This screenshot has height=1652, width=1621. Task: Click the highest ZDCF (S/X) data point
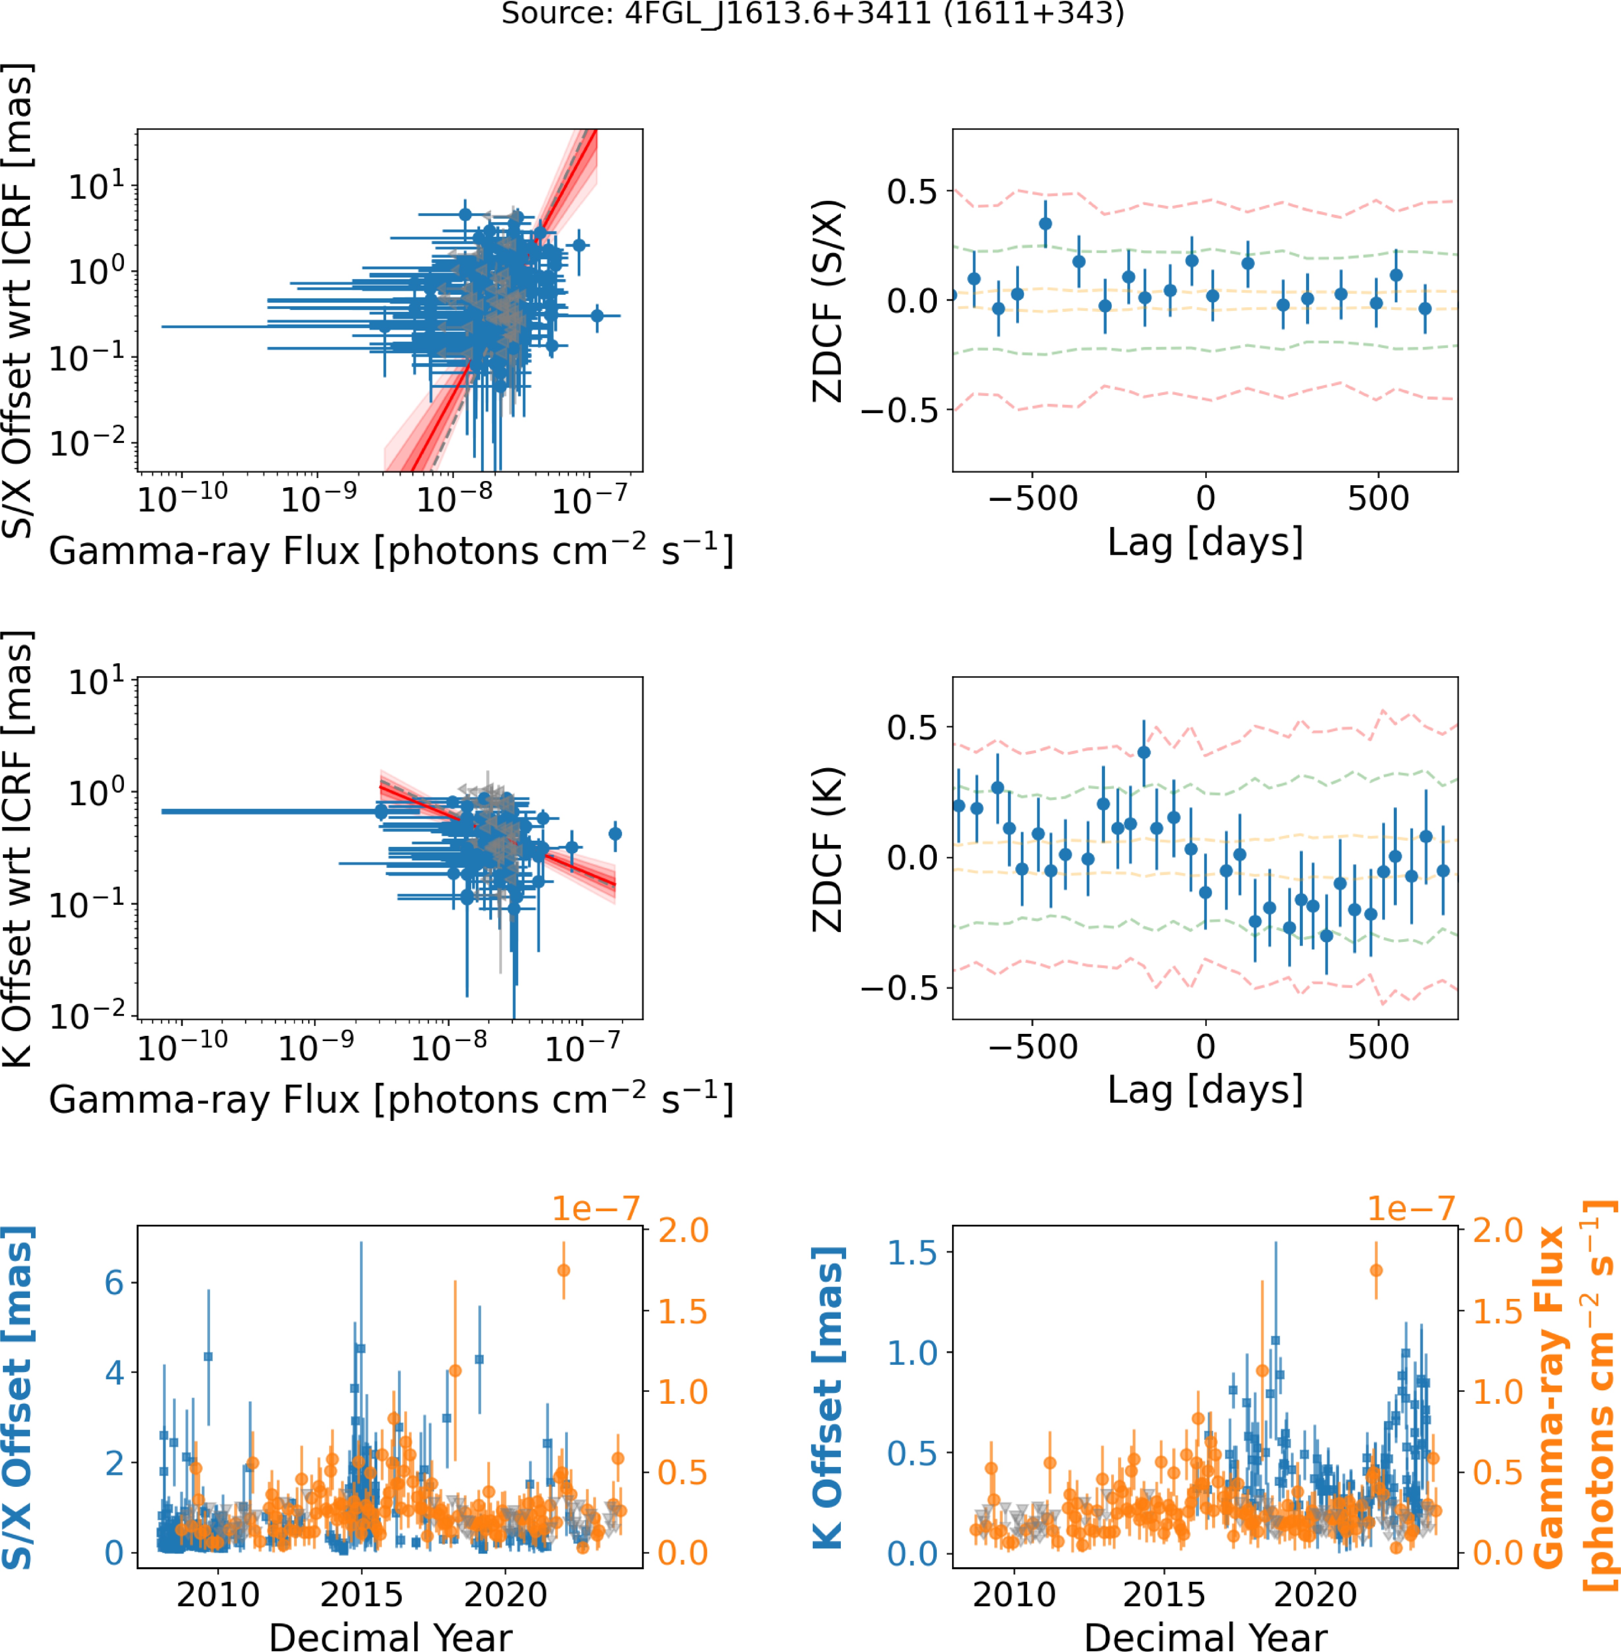click(1046, 224)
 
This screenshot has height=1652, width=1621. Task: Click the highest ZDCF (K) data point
click(1144, 752)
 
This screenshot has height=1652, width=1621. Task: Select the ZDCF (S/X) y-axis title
click(828, 300)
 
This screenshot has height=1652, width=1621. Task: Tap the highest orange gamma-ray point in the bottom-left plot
click(563, 1271)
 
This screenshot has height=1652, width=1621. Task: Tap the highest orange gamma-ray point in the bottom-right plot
click(1376, 1271)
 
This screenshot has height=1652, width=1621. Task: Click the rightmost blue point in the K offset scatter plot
click(615, 834)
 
